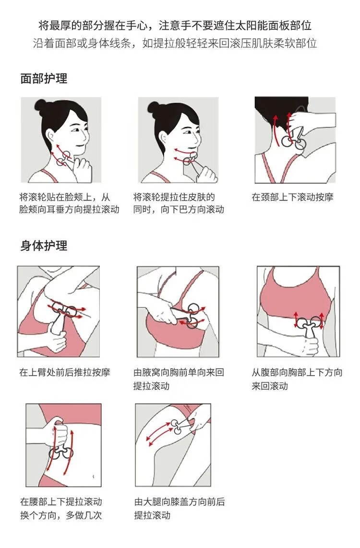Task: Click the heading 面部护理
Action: pos(44,78)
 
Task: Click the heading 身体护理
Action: pos(44,246)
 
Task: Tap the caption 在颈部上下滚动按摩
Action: pos(292,197)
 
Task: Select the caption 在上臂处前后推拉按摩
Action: pos(65,372)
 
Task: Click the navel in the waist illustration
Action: pos(93,476)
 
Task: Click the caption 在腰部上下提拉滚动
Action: pos(61,502)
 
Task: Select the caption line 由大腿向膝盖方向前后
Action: pos(180,502)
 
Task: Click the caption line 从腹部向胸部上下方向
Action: pos(297,372)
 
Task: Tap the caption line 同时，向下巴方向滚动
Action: pos(179,209)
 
